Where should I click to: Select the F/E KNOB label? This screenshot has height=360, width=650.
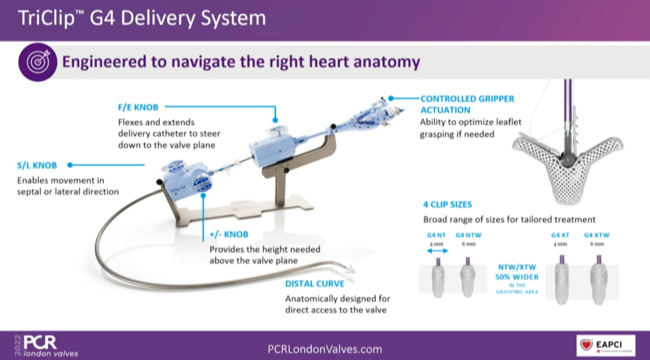[138, 108]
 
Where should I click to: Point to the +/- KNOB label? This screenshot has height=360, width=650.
[229, 234]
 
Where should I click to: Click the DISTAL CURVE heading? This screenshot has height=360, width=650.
[315, 284]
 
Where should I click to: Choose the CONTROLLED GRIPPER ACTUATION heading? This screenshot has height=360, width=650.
[467, 104]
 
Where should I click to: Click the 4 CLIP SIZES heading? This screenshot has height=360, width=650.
[448, 204]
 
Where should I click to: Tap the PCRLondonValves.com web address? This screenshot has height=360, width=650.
[324, 349]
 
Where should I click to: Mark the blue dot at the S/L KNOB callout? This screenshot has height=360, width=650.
[70, 164]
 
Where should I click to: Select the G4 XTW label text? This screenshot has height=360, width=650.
[597, 235]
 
